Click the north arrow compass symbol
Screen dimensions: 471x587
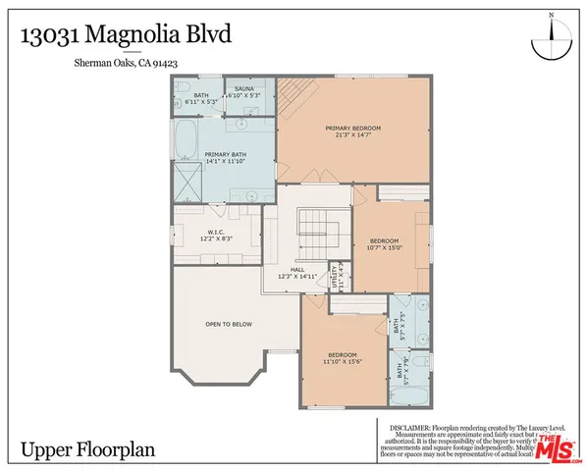click(551, 43)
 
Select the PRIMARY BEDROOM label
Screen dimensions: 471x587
click(352, 128)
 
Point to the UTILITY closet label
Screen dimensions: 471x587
click(336, 273)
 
